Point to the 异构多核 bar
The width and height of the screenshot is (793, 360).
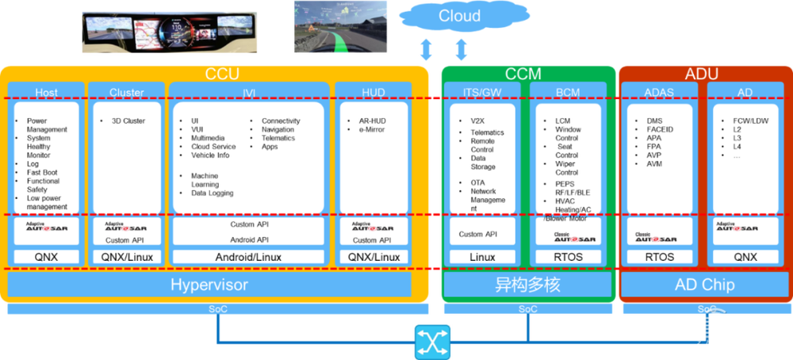tap(527, 285)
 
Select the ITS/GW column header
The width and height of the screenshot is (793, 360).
tap(482, 92)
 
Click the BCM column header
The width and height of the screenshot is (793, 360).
tap(568, 92)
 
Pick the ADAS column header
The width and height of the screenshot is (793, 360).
tap(659, 92)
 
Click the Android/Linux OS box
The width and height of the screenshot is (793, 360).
tap(248, 257)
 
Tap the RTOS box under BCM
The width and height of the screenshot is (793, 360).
tap(567, 257)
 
